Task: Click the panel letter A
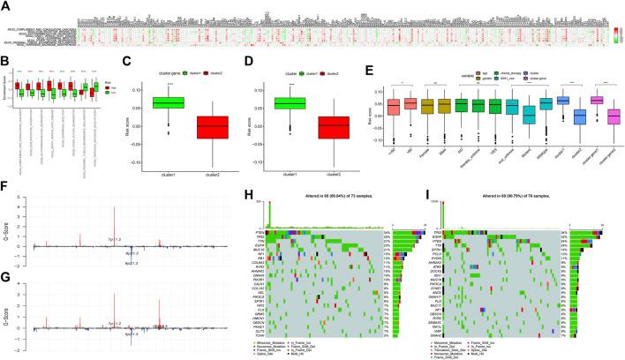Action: pos(6,5)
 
